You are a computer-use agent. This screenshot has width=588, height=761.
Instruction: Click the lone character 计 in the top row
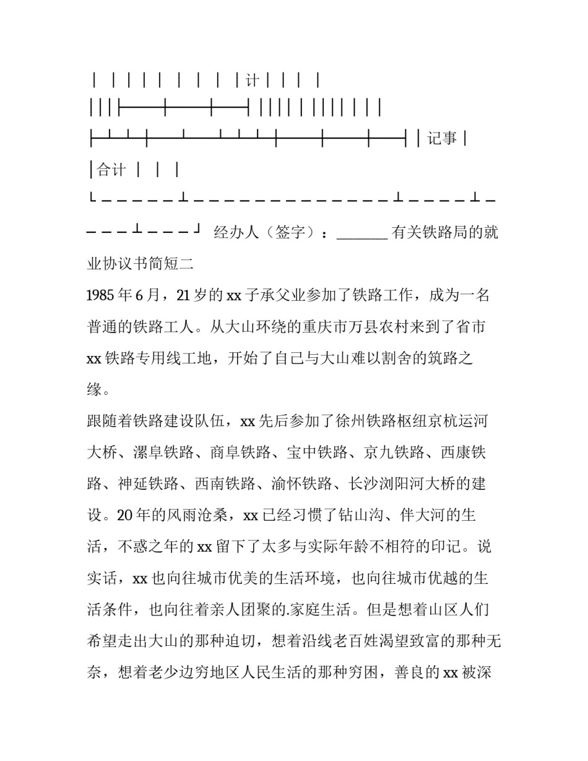[252, 80]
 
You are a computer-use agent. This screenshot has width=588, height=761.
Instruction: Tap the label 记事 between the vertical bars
[443, 139]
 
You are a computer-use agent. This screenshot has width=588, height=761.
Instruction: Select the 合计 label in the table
[112, 170]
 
